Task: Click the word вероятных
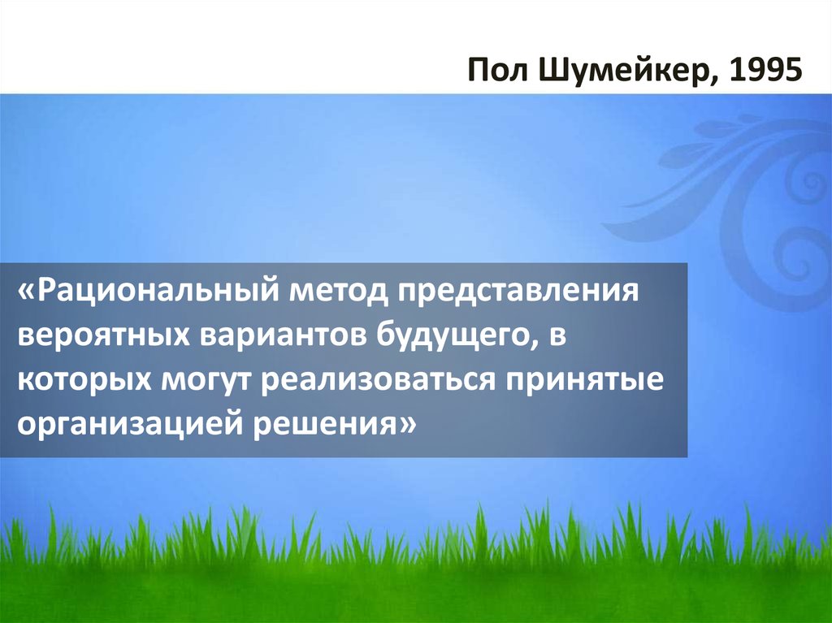pyautogui.click(x=90, y=335)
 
